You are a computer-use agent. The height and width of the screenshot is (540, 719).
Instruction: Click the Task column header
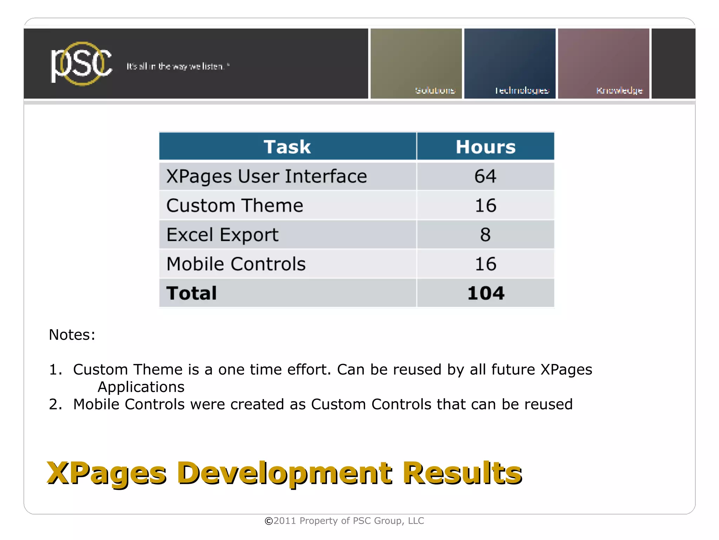tap(287, 147)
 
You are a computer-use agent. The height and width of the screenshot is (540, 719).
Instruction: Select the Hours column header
tap(486, 147)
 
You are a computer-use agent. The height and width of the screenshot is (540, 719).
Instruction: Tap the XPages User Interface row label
tap(266, 176)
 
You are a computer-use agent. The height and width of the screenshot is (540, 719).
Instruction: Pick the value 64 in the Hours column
tap(486, 176)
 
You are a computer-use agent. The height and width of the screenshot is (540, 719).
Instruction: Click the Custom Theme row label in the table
tap(235, 206)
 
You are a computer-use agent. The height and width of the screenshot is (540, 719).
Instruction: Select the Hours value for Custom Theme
tap(486, 206)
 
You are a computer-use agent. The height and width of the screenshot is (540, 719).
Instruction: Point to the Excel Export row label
tap(222, 235)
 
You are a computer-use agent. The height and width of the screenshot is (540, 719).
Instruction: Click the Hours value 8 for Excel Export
tap(486, 235)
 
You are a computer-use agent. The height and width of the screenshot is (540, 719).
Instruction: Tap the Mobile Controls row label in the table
tap(236, 264)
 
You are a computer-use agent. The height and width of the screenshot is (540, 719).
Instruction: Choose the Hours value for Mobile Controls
tap(486, 264)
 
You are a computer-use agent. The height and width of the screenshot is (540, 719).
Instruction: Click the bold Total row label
tap(192, 293)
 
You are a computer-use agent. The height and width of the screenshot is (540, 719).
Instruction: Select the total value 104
tap(486, 293)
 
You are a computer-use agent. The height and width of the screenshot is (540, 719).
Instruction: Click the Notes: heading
tap(72, 335)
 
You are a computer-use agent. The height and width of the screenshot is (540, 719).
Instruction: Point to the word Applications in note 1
tap(141, 387)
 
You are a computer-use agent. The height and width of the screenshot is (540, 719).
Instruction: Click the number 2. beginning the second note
tap(55, 404)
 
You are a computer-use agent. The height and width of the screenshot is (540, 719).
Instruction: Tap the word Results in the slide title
tap(462, 473)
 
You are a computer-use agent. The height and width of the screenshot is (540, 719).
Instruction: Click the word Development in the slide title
tap(284, 473)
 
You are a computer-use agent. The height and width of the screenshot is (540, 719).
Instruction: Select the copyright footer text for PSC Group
tap(344, 521)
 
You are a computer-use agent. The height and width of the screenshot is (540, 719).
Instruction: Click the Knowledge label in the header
tap(619, 91)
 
